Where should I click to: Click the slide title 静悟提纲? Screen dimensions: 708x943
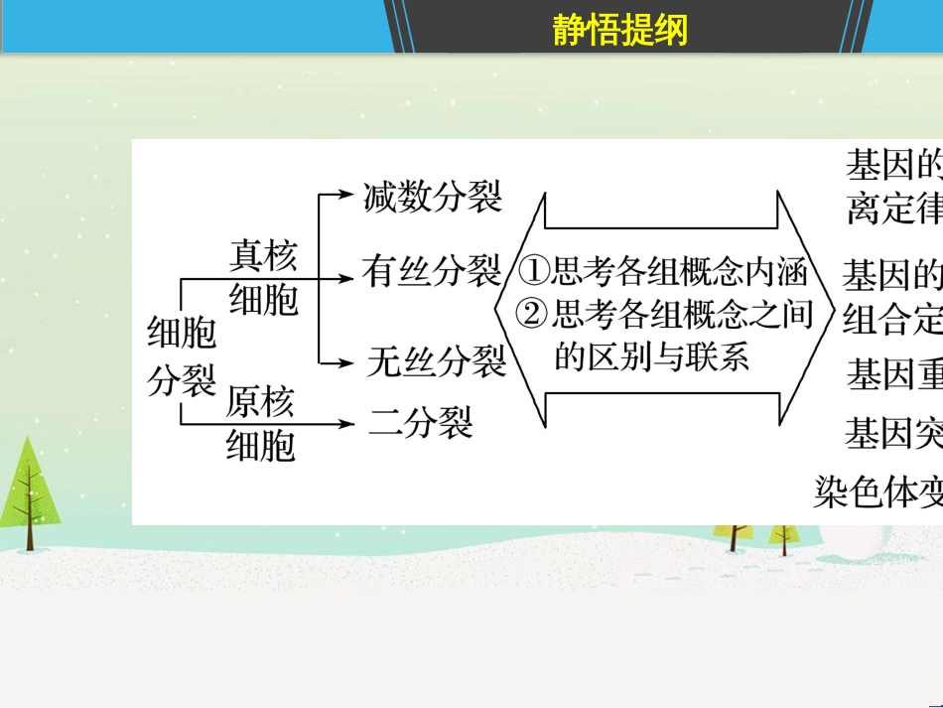619,32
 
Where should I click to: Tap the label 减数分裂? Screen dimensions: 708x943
433,196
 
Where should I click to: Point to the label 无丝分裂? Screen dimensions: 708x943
436,361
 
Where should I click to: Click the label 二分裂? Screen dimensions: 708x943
421,423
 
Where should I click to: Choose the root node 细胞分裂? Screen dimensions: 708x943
182,355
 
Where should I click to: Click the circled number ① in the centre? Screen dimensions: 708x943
535,270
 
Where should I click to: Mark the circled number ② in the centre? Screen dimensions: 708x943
533,315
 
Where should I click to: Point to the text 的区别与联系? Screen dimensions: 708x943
651,355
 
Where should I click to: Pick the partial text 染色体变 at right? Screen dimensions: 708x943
877,491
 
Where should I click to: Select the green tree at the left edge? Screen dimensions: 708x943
27,495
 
